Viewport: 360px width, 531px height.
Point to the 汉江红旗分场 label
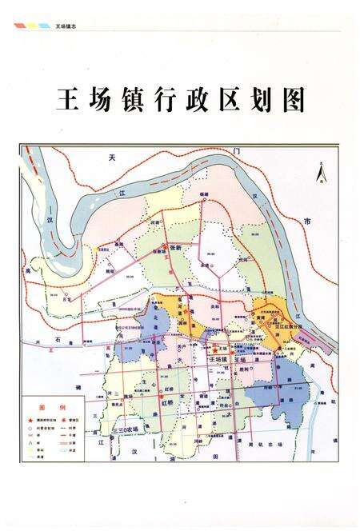click(x=291, y=325)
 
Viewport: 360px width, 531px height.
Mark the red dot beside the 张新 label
click(x=166, y=246)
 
